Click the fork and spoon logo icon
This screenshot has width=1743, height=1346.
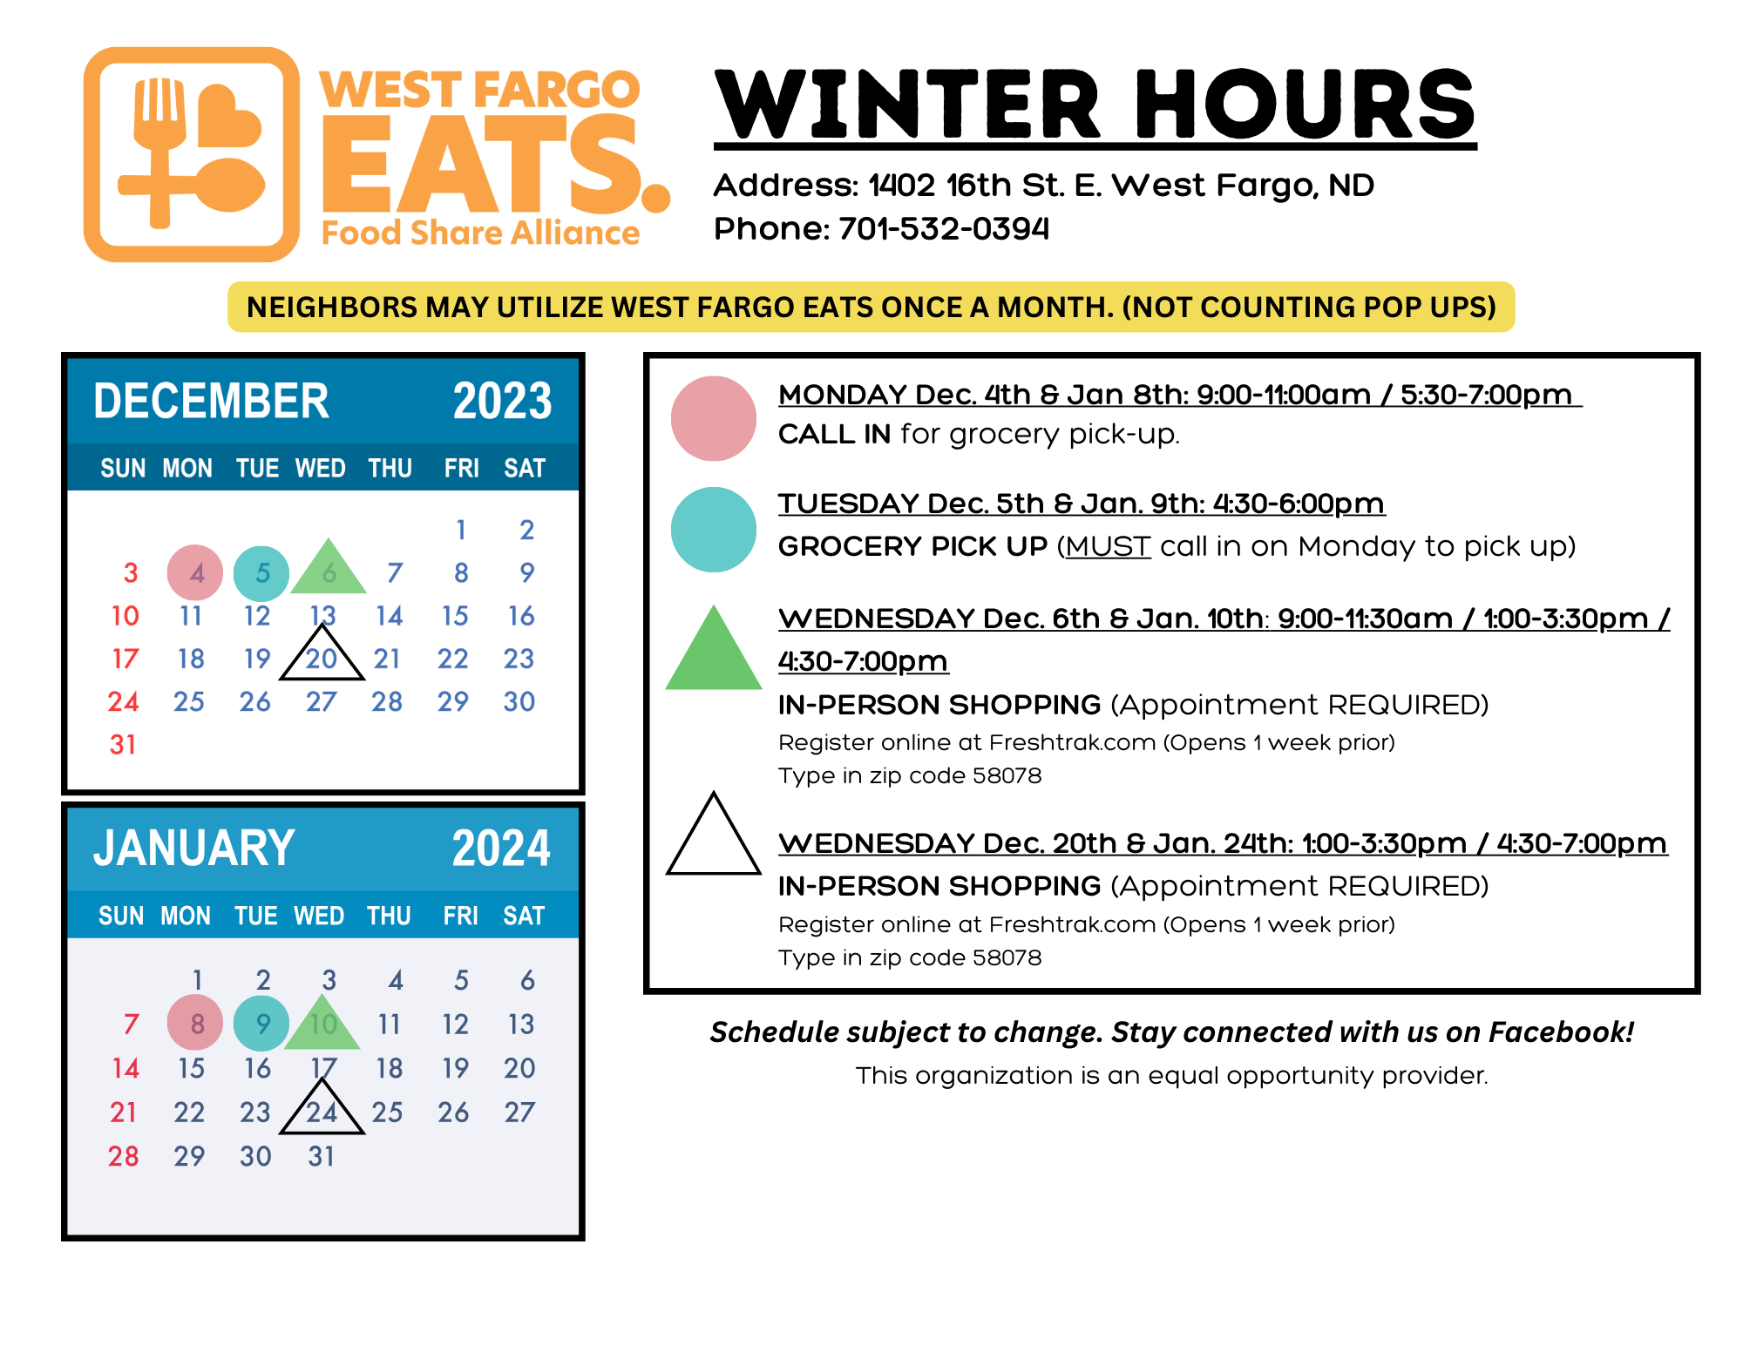pos(192,154)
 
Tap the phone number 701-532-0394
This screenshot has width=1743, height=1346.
pos(944,229)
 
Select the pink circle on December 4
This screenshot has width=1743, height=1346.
pos(195,573)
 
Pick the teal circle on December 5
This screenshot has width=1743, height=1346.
pos(261,573)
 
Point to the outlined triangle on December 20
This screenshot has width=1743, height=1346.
pos(322,677)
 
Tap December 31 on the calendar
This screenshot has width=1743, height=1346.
pos(123,745)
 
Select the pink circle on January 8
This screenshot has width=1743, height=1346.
pos(195,1023)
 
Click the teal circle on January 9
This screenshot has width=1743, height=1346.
pos(261,1023)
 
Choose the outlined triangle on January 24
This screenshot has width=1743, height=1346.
pos(322,1131)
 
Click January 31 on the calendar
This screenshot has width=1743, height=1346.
pos(322,1156)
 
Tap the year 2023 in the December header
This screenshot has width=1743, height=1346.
pos(503,402)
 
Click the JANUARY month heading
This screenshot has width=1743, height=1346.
pos(194,849)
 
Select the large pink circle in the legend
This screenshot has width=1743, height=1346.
pos(714,418)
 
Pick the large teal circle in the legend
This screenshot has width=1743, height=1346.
pos(714,530)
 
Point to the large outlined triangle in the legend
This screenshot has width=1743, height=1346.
pos(714,871)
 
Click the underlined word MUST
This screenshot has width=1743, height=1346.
pos(1108,547)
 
